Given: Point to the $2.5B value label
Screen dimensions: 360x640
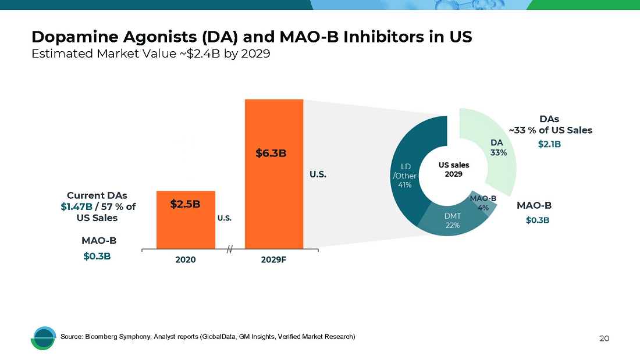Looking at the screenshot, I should (185, 204).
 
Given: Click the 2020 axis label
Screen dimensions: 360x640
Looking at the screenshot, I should (186, 260).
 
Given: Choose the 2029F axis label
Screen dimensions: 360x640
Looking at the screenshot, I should (273, 260).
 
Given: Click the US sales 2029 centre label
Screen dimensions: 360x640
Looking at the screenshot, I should (453, 169).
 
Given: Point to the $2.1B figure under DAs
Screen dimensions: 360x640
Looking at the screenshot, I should (549, 144).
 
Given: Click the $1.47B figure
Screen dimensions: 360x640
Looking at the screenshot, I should (76, 206).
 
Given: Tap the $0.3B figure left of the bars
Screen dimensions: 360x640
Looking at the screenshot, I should (97, 255).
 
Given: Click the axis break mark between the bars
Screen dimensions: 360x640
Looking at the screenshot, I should (230, 249).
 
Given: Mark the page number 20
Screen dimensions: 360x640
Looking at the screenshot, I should (604, 338).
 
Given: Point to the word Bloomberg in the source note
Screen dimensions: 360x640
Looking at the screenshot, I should (100, 337).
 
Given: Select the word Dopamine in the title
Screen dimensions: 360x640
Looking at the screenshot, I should (65, 37).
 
